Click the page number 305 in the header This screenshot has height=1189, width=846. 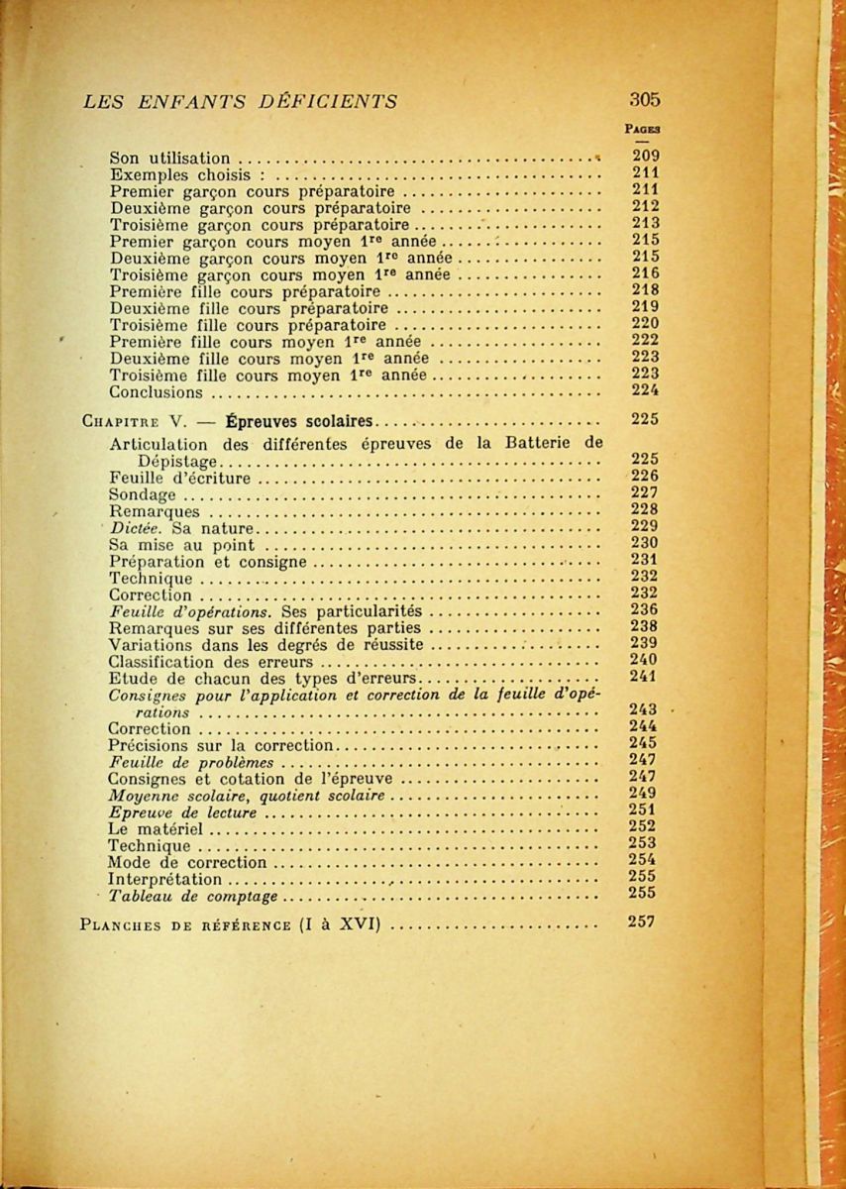[x=644, y=99]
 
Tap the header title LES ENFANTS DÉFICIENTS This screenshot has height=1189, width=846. [x=241, y=100]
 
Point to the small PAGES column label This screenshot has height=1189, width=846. [x=644, y=128]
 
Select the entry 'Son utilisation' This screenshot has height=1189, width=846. [x=169, y=158]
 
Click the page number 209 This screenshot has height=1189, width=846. [x=645, y=156]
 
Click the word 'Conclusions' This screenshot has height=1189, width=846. [x=156, y=391]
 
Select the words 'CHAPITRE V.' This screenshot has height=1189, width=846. [x=137, y=420]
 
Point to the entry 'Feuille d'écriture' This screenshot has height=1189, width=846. [x=179, y=479]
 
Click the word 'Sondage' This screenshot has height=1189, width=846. [x=142, y=495]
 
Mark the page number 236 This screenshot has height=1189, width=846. [x=644, y=610]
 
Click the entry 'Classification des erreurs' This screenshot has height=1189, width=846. [x=210, y=662]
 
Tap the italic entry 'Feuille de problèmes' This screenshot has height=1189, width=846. [x=190, y=763]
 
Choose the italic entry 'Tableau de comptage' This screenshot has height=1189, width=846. [x=193, y=897]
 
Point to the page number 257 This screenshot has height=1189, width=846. [x=644, y=922]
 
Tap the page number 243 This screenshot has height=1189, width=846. [x=644, y=709]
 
